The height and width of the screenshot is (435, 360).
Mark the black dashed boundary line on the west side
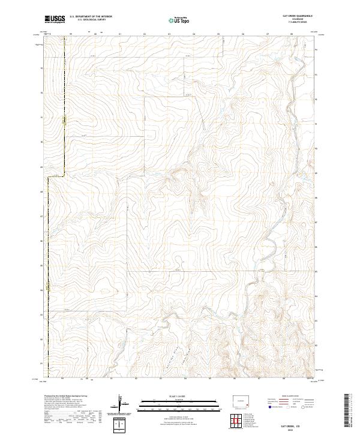[65, 108]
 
